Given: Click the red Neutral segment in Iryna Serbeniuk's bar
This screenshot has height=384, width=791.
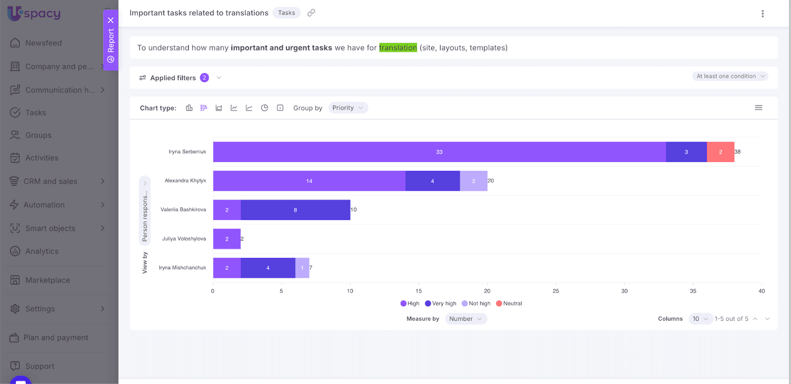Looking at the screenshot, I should click(x=720, y=152).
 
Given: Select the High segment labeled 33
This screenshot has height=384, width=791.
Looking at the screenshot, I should click(x=439, y=152).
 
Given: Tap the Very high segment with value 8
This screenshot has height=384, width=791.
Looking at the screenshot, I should click(x=295, y=210).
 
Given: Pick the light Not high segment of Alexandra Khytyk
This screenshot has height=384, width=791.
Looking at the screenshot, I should click(x=473, y=181).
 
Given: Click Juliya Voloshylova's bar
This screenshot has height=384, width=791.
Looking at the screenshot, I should click(x=227, y=239).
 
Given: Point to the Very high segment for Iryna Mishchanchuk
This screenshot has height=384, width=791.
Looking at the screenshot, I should click(x=268, y=268).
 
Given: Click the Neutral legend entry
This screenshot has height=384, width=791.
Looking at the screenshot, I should click(x=509, y=303).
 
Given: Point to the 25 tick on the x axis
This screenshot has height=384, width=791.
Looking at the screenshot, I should click(x=556, y=291).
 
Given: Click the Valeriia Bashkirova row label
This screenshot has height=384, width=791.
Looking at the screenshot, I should click(x=183, y=210).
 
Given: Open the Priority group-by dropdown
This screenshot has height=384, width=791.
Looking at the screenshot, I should click(x=348, y=108).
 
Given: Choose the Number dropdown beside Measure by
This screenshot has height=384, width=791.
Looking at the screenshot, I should click(x=465, y=319).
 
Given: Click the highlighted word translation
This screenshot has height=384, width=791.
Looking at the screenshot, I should click(x=398, y=47).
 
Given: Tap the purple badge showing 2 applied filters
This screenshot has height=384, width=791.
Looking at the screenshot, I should click(x=204, y=78).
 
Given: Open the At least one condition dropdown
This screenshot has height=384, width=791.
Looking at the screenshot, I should click(x=730, y=76).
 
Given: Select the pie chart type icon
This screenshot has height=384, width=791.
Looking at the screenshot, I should click(x=264, y=108).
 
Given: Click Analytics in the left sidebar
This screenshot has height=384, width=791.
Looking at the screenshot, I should click(x=42, y=251).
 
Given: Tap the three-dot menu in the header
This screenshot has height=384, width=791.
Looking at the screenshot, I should click(x=762, y=14).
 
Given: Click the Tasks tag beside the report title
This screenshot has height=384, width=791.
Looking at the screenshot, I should click(x=286, y=13).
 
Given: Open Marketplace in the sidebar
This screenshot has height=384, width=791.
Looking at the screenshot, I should click(x=47, y=280).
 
